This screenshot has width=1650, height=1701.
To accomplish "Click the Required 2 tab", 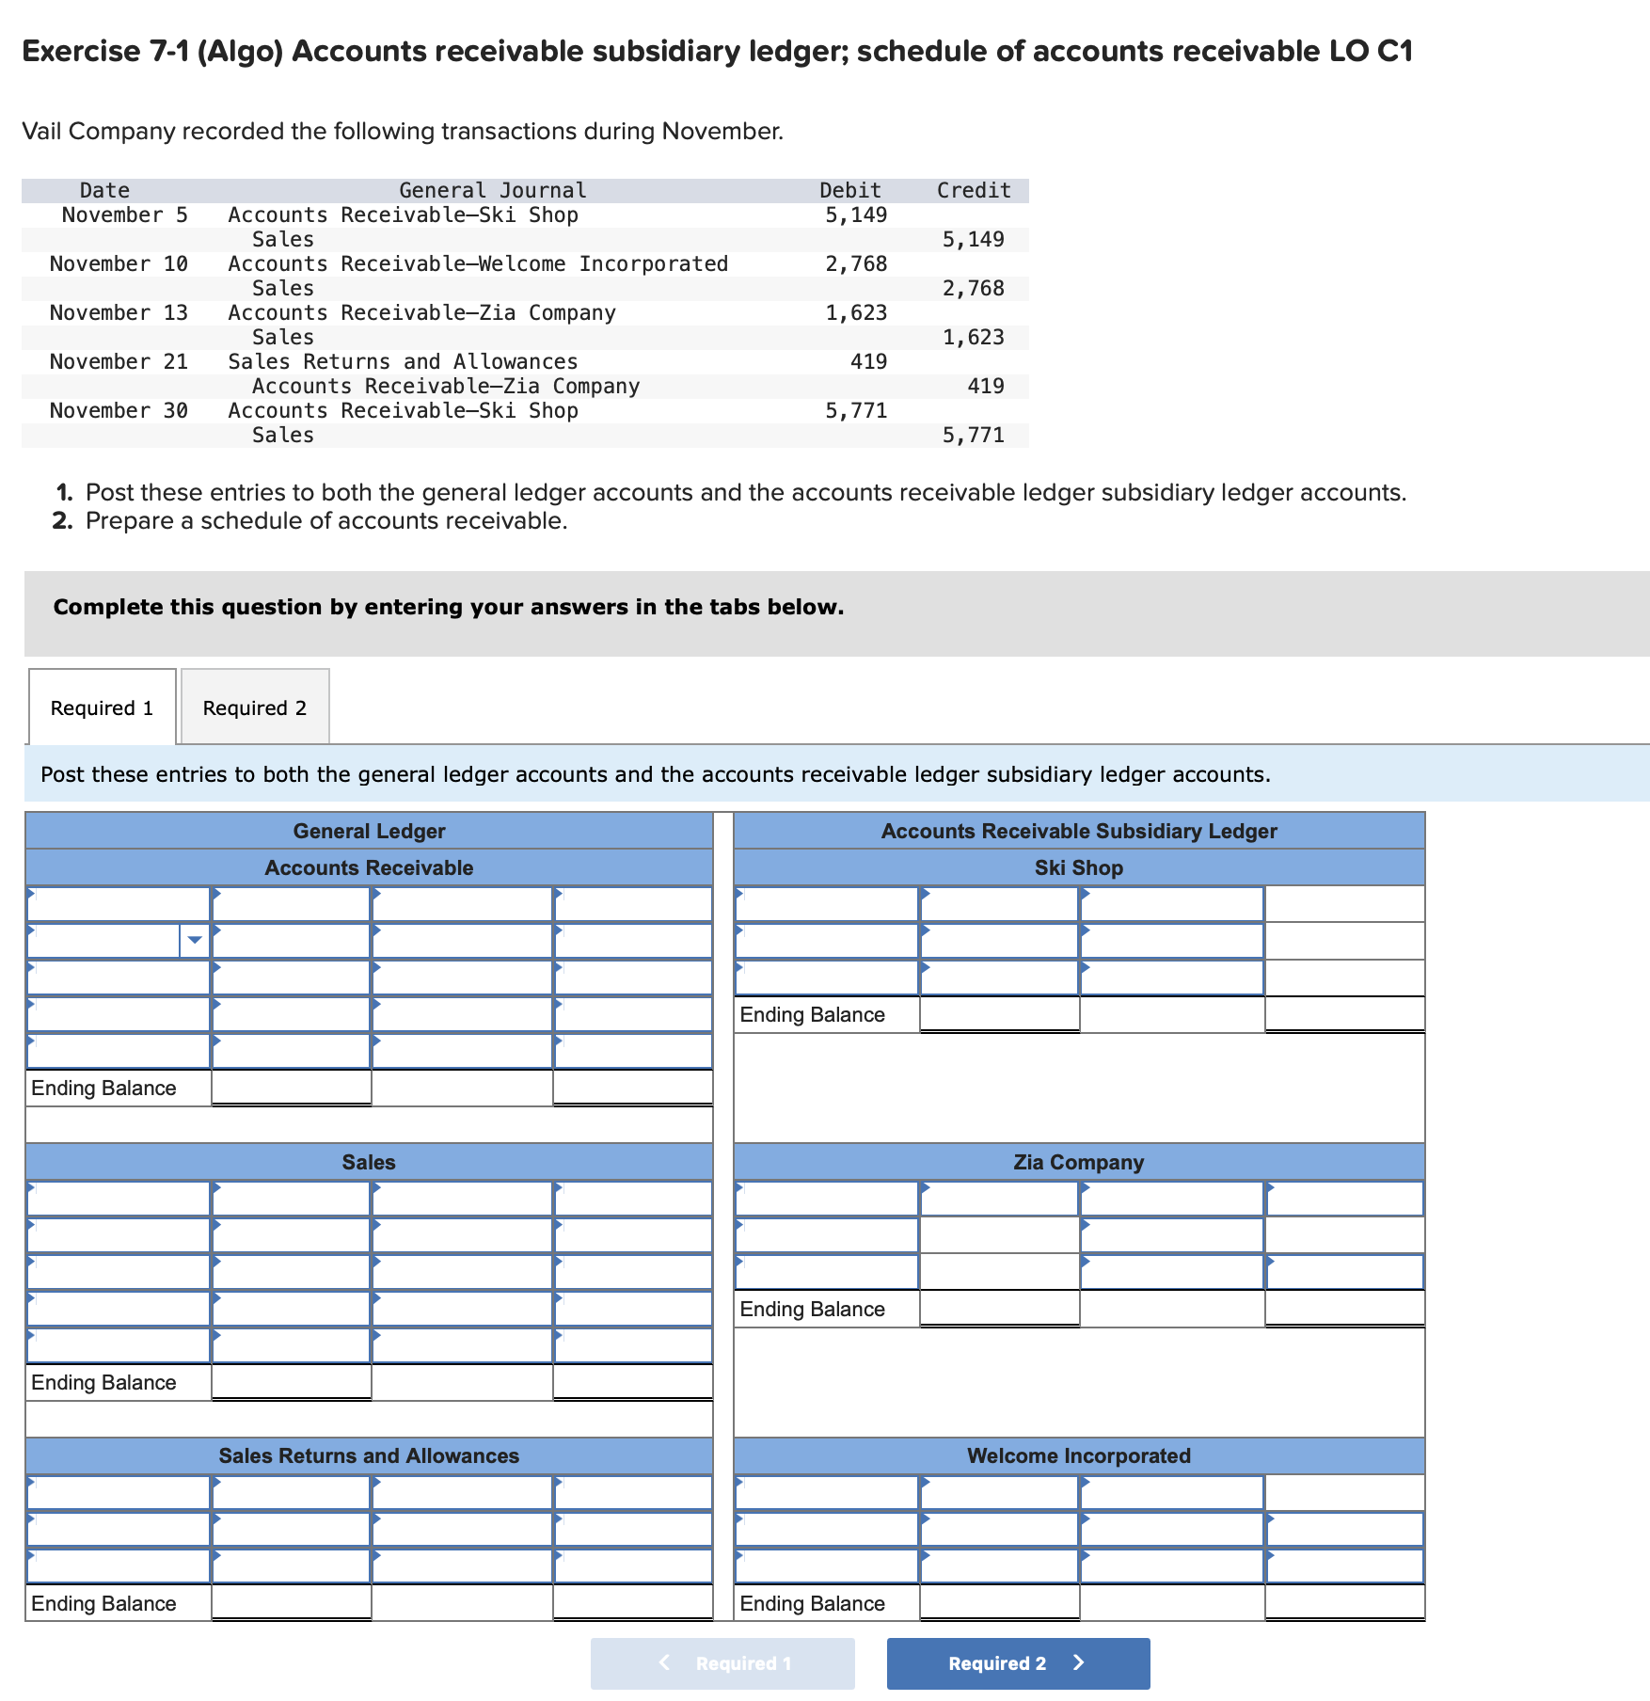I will [254, 707].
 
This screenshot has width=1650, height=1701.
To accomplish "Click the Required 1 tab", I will [102, 707].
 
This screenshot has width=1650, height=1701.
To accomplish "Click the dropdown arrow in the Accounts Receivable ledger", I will [195, 940].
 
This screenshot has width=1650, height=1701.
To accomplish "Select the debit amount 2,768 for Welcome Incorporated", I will [855, 263].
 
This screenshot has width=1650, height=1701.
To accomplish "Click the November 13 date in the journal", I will [119, 312].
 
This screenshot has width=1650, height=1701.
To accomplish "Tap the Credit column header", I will [973, 190].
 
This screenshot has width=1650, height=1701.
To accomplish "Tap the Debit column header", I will [849, 190].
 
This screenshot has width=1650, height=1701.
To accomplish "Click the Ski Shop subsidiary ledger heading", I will [1078, 867].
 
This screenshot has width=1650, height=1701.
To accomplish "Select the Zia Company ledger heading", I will [1078, 1162].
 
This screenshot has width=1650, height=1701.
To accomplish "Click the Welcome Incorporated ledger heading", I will [1078, 1455].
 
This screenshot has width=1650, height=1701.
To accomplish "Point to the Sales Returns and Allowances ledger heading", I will [369, 1455].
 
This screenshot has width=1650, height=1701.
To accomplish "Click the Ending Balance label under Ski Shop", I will [812, 1014].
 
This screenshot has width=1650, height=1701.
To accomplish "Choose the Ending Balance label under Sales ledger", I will [103, 1382].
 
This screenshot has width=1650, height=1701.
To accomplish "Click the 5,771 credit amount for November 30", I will [973, 435].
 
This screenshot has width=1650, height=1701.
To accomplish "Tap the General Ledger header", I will [369, 831].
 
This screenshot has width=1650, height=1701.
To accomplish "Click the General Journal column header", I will [492, 190].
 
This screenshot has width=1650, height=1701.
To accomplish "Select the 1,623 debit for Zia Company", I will [855, 312].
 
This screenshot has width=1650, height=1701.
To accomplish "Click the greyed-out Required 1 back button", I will [722, 1663].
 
